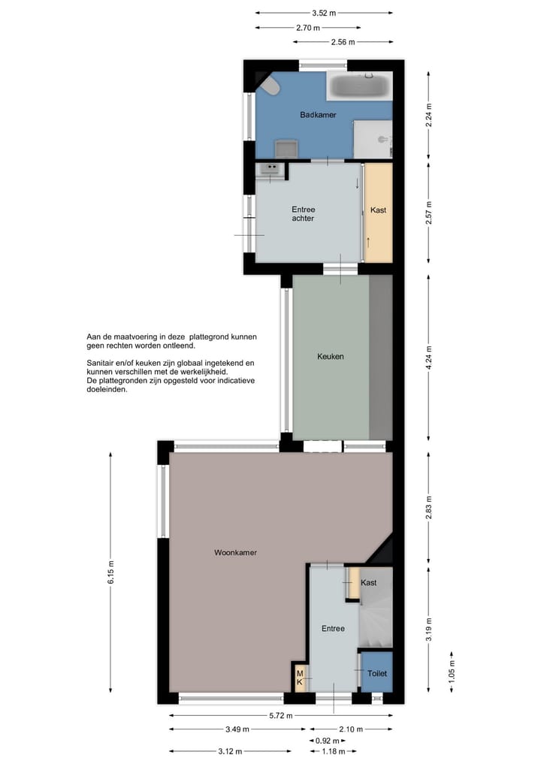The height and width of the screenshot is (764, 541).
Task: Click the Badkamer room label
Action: click(318, 115)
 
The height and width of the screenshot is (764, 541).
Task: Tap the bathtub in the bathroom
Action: click(358, 87)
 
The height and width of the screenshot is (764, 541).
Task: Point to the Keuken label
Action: click(331, 357)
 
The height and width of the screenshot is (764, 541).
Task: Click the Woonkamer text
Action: click(235, 553)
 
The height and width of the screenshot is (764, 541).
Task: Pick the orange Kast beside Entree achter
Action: click(378, 210)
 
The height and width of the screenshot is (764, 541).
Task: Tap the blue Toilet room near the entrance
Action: click(376, 674)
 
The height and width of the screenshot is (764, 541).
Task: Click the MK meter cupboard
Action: click(300, 678)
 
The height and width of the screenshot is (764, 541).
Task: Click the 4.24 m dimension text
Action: click(428, 357)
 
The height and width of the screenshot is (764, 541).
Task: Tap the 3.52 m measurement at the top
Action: click(324, 13)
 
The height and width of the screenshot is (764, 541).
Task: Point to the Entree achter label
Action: click(303, 214)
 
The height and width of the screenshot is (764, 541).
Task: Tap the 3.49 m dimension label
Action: click(237, 729)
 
